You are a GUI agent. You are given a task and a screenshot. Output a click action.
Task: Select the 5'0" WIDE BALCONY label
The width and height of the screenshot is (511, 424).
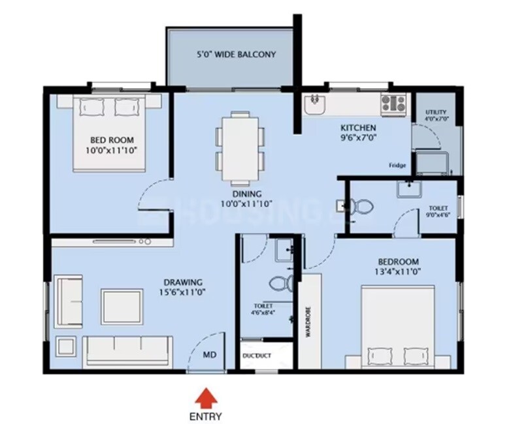point(236,55)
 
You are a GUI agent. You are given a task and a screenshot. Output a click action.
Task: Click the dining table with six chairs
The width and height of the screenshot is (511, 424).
point(240,147)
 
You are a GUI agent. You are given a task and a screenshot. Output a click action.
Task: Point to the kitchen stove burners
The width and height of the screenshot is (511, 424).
point(395,103)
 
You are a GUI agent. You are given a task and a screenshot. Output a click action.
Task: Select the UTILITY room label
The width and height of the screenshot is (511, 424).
point(435,115)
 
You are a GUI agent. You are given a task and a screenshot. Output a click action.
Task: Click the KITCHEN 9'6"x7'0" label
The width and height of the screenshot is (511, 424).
point(357,132)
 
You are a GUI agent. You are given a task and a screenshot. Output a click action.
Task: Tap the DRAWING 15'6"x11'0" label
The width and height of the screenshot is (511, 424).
point(183,287)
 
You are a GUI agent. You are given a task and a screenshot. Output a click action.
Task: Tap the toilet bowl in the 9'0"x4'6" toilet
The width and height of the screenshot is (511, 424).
point(359,207)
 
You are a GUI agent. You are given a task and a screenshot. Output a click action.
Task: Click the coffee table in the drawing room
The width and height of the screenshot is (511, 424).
point(122,307)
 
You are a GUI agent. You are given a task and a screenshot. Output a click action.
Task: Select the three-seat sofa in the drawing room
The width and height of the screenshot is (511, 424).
point(129,350)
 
